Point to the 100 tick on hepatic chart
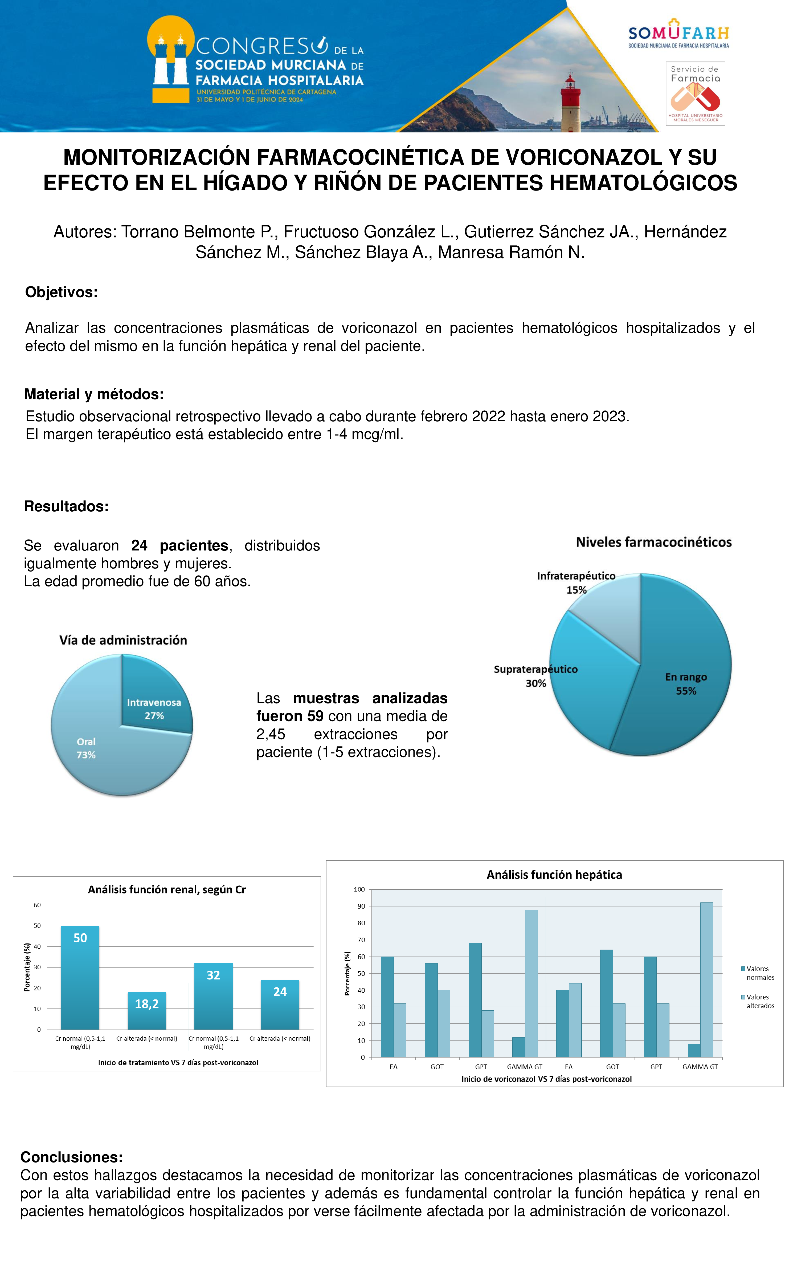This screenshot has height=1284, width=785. [359, 889]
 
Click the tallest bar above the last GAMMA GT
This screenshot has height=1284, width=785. [706, 980]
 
